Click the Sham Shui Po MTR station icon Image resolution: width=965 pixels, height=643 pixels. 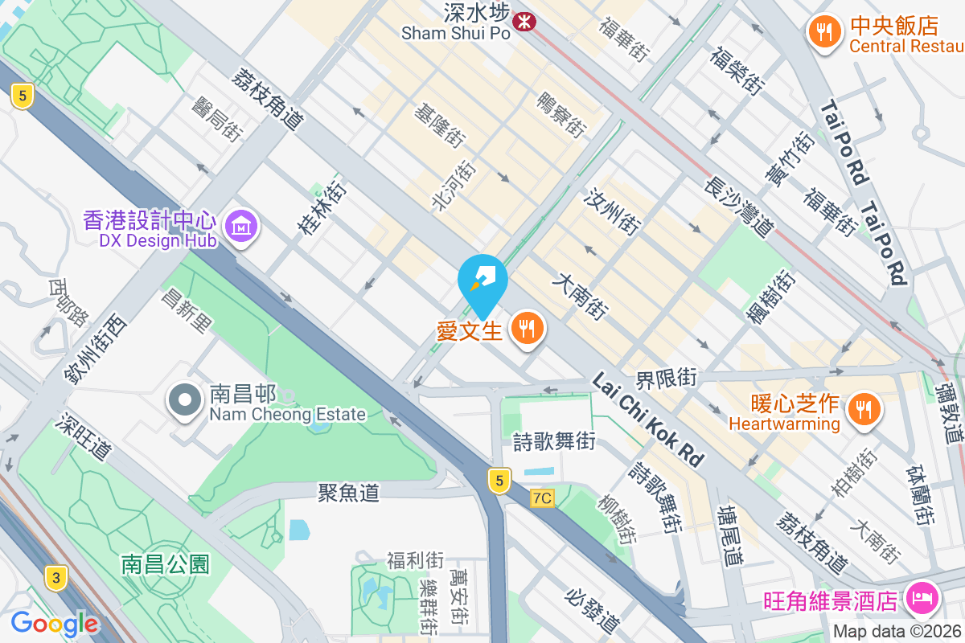(524, 23)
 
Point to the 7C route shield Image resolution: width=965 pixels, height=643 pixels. (542, 498)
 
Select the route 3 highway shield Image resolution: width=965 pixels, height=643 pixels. (55, 578)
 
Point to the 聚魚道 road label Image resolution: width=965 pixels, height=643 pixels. (348, 493)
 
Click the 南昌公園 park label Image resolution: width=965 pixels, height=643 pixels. (166, 563)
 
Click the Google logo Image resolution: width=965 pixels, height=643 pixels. (54, 624)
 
